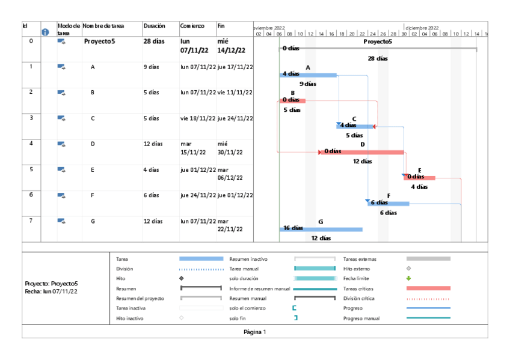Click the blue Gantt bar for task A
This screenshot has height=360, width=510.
(308, 75)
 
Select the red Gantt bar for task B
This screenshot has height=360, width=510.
(292, 100)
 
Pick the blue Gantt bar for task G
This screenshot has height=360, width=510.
(321, 229)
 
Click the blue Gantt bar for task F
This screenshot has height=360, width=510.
(389, 203)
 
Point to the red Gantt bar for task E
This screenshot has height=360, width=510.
(420, 178)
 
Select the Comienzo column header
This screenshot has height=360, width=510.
(192, 26)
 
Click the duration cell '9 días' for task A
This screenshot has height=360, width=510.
(152, 67)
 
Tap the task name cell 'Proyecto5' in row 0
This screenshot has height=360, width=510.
(99, 41)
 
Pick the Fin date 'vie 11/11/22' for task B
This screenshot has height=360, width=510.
(235, 93)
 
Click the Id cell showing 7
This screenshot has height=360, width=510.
(31, 220)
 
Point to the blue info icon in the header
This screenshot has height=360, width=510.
(45, 32)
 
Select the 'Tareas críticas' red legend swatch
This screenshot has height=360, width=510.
(428, 288)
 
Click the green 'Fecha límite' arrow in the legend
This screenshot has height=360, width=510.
(408, 278)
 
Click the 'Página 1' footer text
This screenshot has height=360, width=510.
(254, 332)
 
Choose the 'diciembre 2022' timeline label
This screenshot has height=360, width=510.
(422, 27)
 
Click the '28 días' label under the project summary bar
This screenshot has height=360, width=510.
(378, 59)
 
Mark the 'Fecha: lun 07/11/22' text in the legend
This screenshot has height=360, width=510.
(51, 291)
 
